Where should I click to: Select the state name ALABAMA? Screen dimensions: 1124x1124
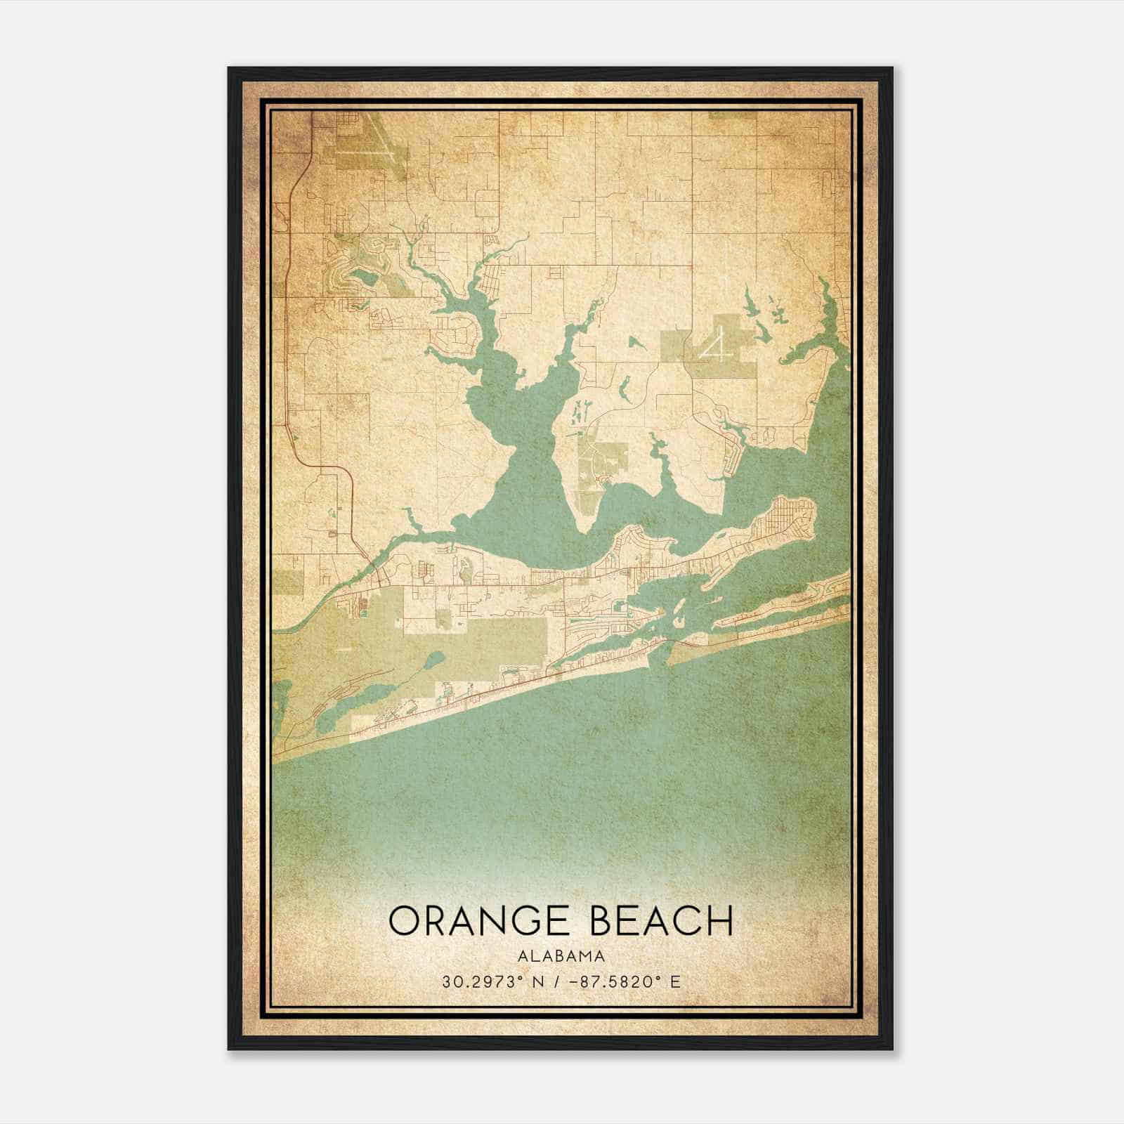coord(561,956)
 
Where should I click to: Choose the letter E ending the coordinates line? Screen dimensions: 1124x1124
coord(675,981)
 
